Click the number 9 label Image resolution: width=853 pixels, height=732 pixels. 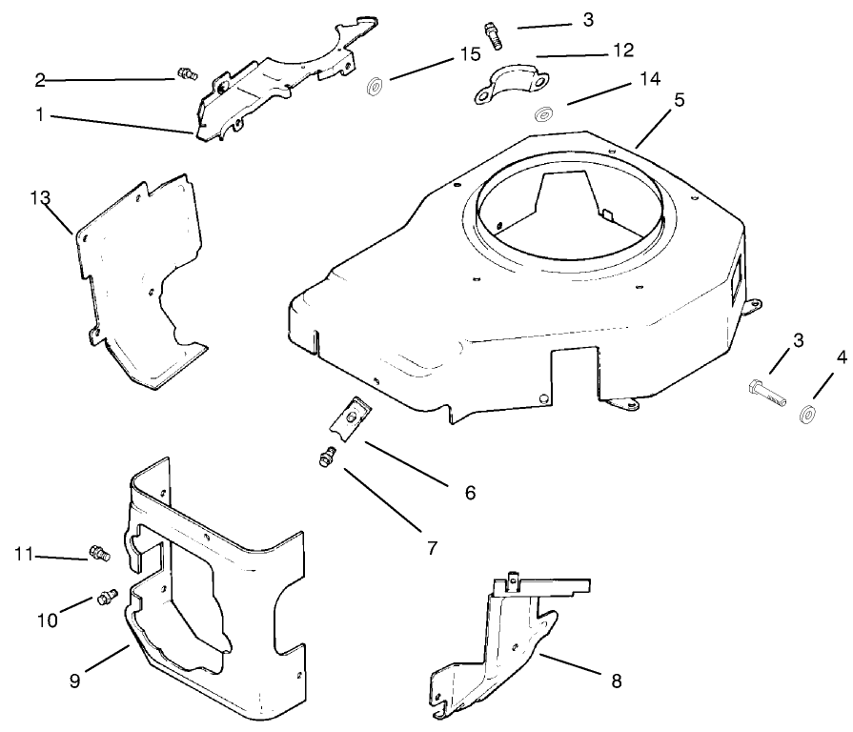tap(74, 682)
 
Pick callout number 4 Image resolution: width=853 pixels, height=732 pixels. tap(841, 359)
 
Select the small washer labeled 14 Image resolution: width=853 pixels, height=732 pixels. tap(544, 114)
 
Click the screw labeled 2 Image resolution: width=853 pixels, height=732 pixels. tap(186, 72)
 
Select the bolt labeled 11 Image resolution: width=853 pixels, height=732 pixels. tap(98, 552)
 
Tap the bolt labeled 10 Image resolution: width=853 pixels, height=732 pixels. tap(106, 597)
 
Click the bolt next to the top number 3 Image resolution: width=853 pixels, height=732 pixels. tap(493, 35)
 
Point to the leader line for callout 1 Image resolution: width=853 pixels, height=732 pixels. tap(124, 123)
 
